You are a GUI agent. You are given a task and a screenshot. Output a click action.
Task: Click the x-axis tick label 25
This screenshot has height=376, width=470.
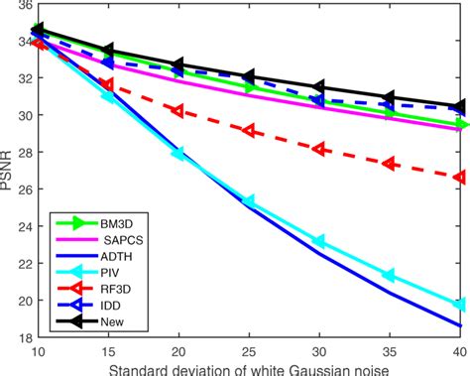[249, 351]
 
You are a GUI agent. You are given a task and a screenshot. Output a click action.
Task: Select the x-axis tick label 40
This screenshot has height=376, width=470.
[458, 351]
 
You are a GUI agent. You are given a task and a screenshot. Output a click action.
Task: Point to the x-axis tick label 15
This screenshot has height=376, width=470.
[108, 351]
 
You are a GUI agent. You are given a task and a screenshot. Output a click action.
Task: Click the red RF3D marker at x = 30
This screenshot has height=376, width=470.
[319, 148]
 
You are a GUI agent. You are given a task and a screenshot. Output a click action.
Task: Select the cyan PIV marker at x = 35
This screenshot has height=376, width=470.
[390, 275]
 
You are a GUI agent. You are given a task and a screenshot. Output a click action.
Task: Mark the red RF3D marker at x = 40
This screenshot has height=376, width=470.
[460, 177]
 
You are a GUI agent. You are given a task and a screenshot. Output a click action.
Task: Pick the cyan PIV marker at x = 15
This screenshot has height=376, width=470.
[108, 96]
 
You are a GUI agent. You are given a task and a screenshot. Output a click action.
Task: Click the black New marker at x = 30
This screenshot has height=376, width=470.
[319, 87]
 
